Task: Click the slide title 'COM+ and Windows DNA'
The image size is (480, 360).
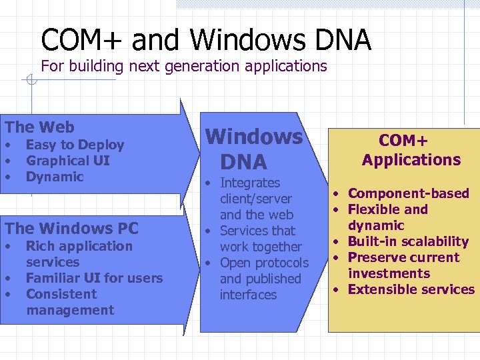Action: [205, 40]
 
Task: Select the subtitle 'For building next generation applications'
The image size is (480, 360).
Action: [184, 66]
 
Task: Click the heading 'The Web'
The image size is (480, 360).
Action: [40, 127]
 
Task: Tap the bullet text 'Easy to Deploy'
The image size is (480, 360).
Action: [75, 145]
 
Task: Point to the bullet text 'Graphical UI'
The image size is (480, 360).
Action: [67, 161]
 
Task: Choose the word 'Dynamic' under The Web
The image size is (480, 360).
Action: [55, 177]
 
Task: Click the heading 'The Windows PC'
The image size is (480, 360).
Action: [71, 228]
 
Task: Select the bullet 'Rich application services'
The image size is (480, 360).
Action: [79, 254]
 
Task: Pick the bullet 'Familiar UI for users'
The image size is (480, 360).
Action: [94, 278]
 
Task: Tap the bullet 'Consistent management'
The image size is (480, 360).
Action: [69, 302]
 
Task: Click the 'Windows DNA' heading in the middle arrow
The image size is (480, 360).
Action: [253, 149]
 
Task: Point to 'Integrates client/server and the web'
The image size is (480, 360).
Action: [256, 199]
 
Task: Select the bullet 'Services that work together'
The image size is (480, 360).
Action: [260, 239]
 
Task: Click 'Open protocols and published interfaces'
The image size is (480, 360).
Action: [263, 279]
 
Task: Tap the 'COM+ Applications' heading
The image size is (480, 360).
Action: [411, 150]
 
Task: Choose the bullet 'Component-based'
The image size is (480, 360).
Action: [408, 193]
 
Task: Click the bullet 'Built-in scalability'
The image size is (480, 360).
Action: [408, 241]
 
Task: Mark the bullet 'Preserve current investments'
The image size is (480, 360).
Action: [403, 265]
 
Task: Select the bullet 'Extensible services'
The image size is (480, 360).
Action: [411, 289]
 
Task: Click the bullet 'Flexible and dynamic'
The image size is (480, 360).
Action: [387, 217]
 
